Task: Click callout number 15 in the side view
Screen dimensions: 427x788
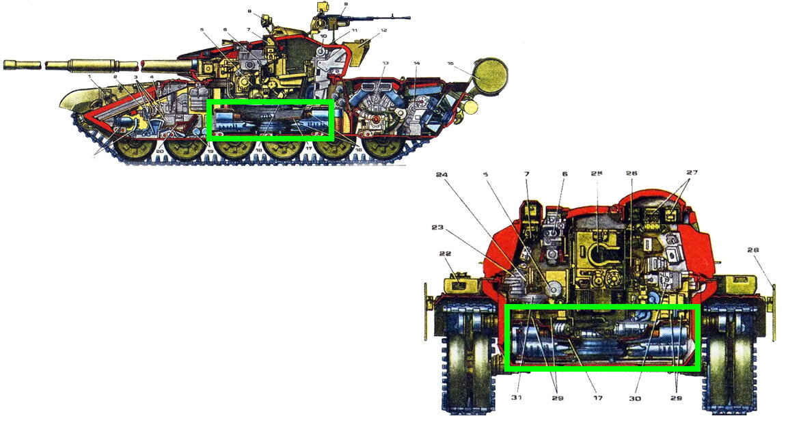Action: click(450, 64)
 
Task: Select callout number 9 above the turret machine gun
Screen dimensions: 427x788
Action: click(346, 5)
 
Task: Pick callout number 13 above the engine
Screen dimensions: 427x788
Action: click(385, 63)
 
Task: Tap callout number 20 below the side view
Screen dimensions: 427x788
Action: click(160, 151)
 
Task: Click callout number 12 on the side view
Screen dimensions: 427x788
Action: click(384, 31)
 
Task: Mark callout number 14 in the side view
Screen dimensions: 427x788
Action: click(416, 64)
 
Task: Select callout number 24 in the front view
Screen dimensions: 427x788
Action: click(441, 174)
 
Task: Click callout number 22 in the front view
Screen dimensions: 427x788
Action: click(446, 253)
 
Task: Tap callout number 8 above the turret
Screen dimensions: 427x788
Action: click(249, 12)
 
